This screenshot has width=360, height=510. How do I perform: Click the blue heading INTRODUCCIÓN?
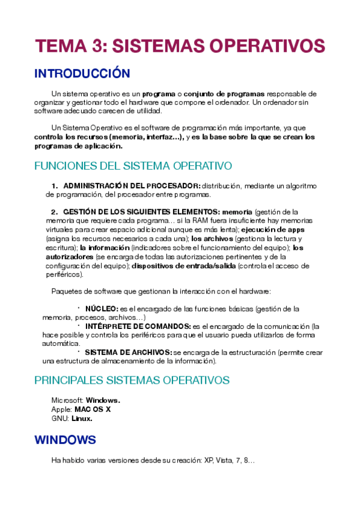click(82, 74)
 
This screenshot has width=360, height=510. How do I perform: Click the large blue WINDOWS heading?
click(65, 440)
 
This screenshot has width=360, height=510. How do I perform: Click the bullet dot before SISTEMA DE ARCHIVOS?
click(78, 351)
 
